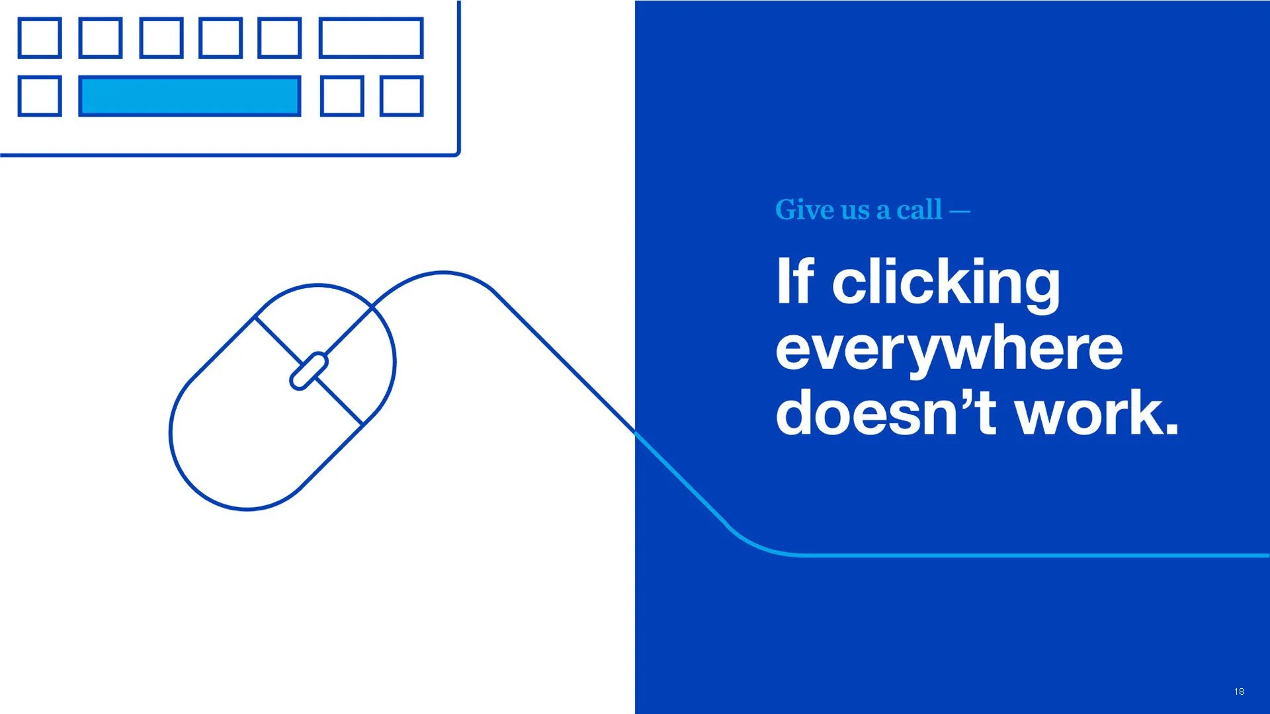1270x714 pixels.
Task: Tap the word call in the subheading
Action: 919,210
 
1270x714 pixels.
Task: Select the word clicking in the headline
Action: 946,285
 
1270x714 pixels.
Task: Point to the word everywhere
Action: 949,350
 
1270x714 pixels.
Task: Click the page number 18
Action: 1239,692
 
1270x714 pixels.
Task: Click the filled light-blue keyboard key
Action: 190,97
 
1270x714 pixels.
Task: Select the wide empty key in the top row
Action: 371,38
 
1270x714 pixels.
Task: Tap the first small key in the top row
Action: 40,38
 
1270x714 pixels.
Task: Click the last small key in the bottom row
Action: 402,97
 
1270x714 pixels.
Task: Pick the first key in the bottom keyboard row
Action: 40,97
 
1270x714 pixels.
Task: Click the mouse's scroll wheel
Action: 309,371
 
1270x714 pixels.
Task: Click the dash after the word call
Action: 960,212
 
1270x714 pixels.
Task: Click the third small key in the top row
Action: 161,38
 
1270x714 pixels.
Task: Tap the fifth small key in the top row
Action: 280,38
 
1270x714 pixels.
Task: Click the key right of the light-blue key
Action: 342,97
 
